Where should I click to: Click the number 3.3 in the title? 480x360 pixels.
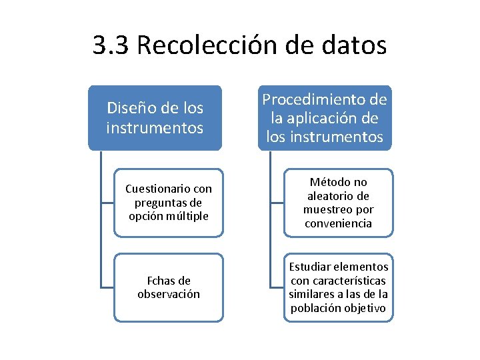pyautogui.click(x=111, y=46)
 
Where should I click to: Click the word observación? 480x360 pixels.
pyautogui.click(x=169, y=294)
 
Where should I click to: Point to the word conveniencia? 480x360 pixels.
pyautogui.click(x=338, y=223)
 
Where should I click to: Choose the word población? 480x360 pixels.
pyautogui.click(x=315, y=308)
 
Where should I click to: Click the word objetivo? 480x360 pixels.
pyautogui.click(x=364, y=308)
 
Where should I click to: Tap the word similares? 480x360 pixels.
pyautogui.click(x=313, y=294)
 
